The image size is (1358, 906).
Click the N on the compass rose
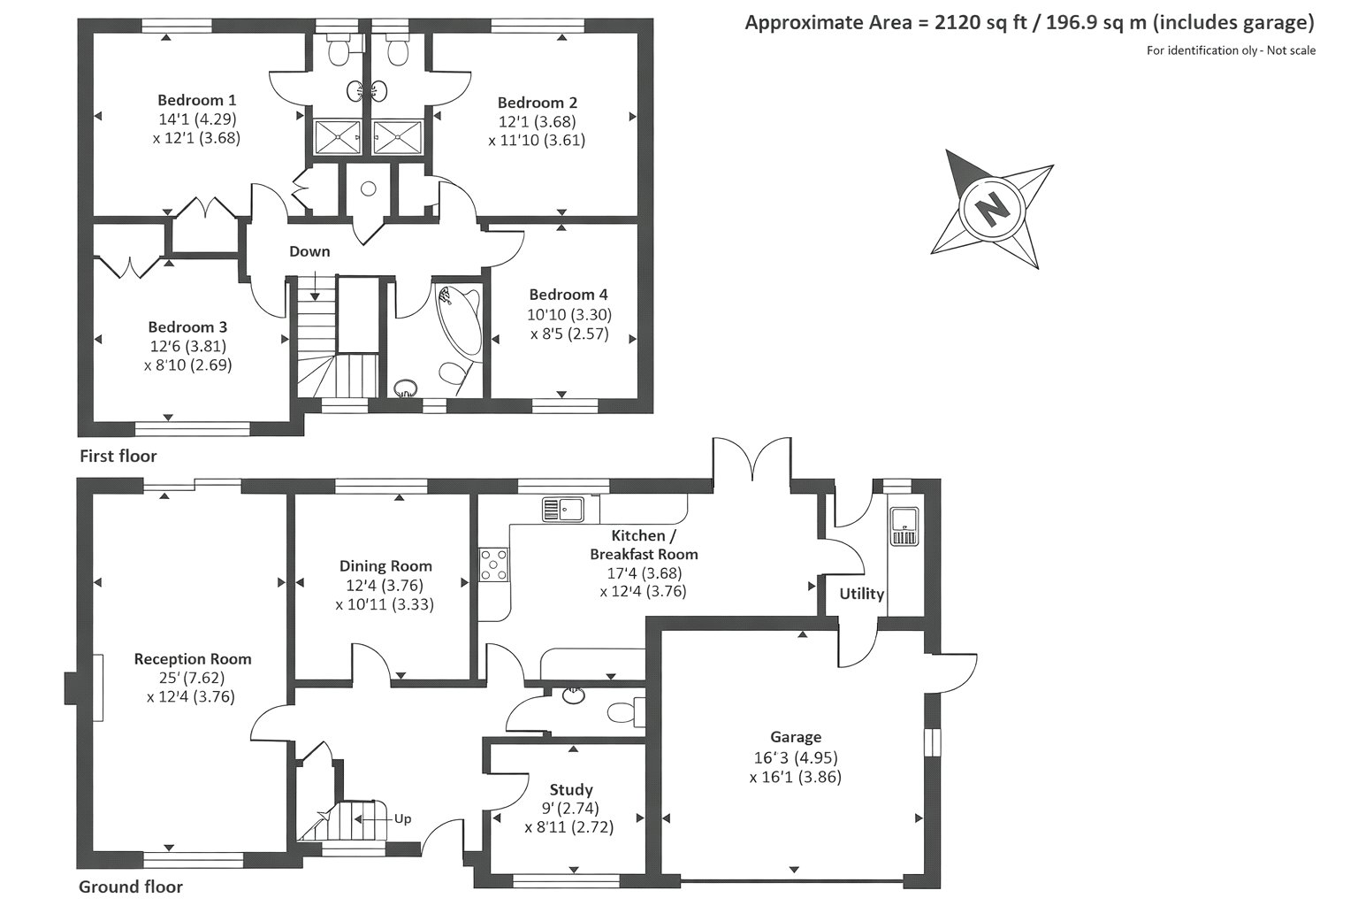pos(992,209)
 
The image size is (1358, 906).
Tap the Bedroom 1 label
pos(197,99)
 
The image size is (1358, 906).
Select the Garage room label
pos(796,737)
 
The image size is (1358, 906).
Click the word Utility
pos(861,594)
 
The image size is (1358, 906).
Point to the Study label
pos(571,789)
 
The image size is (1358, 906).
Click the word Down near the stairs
pos(309,251)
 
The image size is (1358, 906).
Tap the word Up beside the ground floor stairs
pos(402,819)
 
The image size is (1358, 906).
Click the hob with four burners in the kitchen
pos(494,565)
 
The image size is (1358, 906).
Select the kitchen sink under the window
pos(562,509)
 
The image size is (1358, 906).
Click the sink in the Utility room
pos(904,526)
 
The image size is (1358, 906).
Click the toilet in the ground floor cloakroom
pos(626,712)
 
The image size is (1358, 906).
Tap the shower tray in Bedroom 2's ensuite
pos(397,137)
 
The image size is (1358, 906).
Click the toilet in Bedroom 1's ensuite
pos(342,50)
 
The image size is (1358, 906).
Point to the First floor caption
pos(118,457)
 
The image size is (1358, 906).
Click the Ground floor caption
pos(131,887)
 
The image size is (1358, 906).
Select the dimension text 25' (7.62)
pos(192,677)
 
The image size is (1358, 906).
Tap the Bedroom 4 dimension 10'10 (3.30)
pos(569,314)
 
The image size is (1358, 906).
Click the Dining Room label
pos(385,566)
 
